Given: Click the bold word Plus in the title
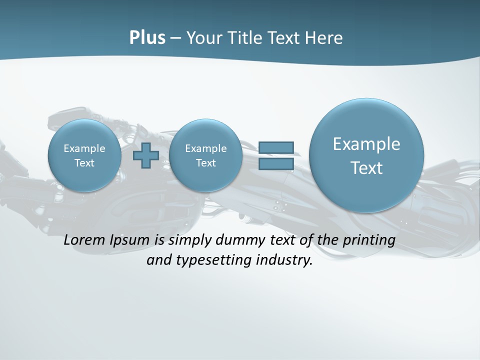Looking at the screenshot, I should (x=147, y=38).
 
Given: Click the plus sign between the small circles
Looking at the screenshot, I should (x=146, y=155).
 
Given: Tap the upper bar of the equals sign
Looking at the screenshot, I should (x=276, y=147).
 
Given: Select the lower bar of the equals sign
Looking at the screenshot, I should (x=276, y=164).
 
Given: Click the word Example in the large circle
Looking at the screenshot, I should (x=366, y=144).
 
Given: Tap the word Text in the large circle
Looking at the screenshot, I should (x=366, y=168).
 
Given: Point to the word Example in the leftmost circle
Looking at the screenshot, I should (x=84, y=148).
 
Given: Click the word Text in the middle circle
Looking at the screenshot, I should (x=206, y=163).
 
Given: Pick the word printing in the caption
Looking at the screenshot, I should (x=368, y=240).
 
